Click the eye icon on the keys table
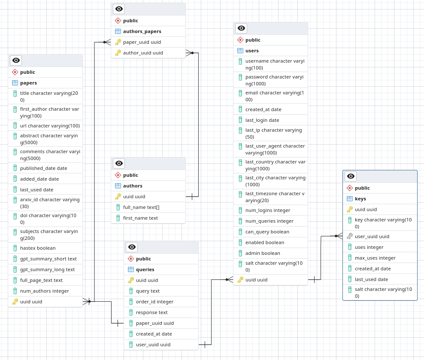click(x=351, y=176)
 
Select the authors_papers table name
click(x=142, y=31)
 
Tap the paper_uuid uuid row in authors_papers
click(x=142, y=42)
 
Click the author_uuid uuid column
click(x=143, y=53)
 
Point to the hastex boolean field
click(x=38, y=248)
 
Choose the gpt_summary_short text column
click(x=48, y=259)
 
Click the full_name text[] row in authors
click(x=141, y=207)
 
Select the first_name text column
click(x=140, y=218)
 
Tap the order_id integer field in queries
click(x=154, y=302)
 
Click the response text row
click(x=151, y=312)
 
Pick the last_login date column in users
click(x=262, y=120)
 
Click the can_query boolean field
click(x=267, y=232)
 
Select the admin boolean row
click(x=263, y=253)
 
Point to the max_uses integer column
click(x=375, y=258)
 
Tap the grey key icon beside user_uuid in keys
click(x=350, y=236)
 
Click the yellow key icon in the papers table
click(x=15, y=302)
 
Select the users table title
click(x=252, y=51)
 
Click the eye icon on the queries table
click(x=132, y=247)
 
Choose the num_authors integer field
click(x=44, y=291)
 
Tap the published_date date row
click(x=43, y=168)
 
